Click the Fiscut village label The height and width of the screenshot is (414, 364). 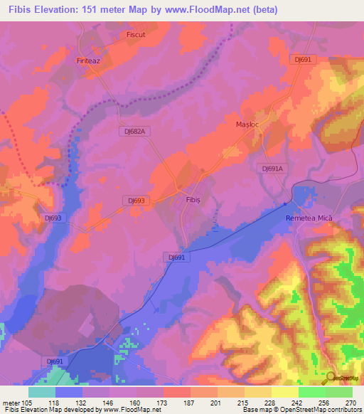136,33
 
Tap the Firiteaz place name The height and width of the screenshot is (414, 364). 90,62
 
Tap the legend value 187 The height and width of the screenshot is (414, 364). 191,402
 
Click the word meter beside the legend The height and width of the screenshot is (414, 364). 11,402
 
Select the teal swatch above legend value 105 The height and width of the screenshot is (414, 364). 42,392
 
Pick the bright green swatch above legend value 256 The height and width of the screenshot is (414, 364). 311,392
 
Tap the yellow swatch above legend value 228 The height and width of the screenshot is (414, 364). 257,392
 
